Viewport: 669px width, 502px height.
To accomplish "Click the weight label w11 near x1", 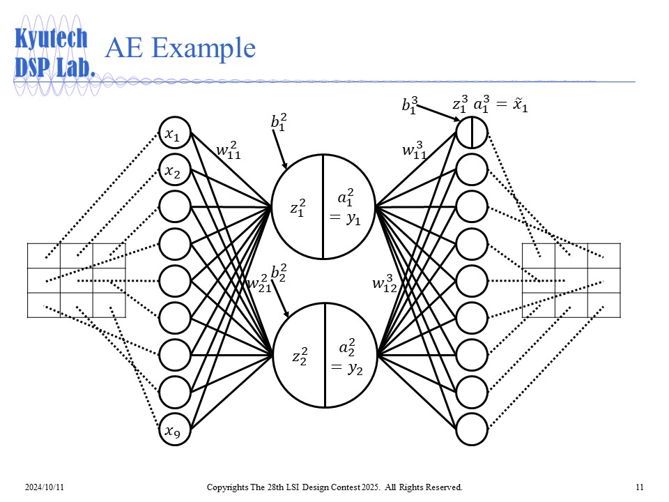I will pos(228,151).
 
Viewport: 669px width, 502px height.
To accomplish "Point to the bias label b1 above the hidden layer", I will pos(279,123).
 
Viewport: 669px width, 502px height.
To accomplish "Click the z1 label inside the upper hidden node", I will pos(298,208).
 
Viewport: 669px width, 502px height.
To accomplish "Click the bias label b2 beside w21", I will pos(279,272).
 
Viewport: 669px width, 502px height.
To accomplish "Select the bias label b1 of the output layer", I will pos(409,106).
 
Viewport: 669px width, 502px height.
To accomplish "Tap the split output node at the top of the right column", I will pos(472,132).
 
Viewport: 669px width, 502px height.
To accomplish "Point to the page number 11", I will pos(639,486).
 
